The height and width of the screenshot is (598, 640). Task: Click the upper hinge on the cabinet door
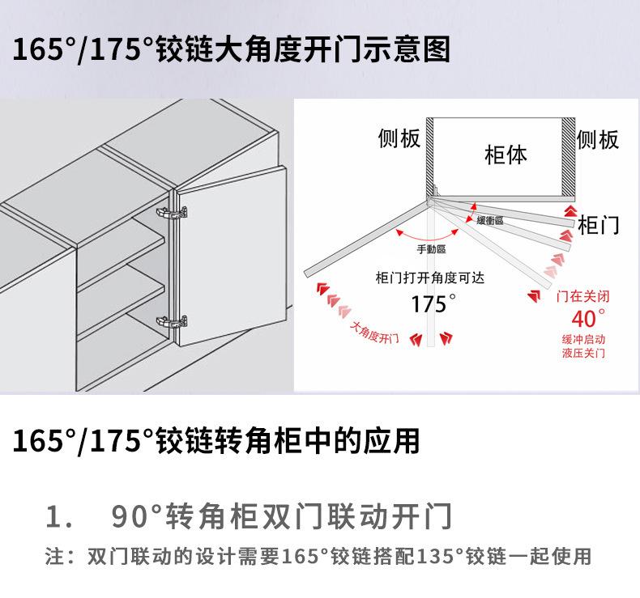coord(172,212)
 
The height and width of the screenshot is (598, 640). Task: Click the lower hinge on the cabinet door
coord(172,322)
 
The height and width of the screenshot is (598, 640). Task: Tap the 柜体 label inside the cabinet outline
coord(506,155)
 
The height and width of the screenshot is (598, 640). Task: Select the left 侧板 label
coord(399,138)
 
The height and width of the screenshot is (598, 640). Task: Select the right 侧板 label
coord(598,139)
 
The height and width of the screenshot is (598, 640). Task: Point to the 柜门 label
coord(599,225)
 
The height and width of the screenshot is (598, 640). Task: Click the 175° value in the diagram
coord(433,304)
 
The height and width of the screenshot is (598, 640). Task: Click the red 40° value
coord(589,318)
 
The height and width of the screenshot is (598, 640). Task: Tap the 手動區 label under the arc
coord(432,249)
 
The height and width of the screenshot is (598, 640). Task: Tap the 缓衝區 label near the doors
coord(490,221)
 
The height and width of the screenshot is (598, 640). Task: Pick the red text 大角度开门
coord(374,333)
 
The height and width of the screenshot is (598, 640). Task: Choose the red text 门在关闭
coord(582,296)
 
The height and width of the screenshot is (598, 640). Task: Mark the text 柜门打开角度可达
coord(430,278)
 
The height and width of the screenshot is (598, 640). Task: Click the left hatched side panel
coord(430,156)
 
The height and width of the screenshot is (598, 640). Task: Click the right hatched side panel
coord(568,157)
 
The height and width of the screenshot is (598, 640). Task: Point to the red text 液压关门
coord(583,353)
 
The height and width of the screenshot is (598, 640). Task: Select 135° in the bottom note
coord(439,557)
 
